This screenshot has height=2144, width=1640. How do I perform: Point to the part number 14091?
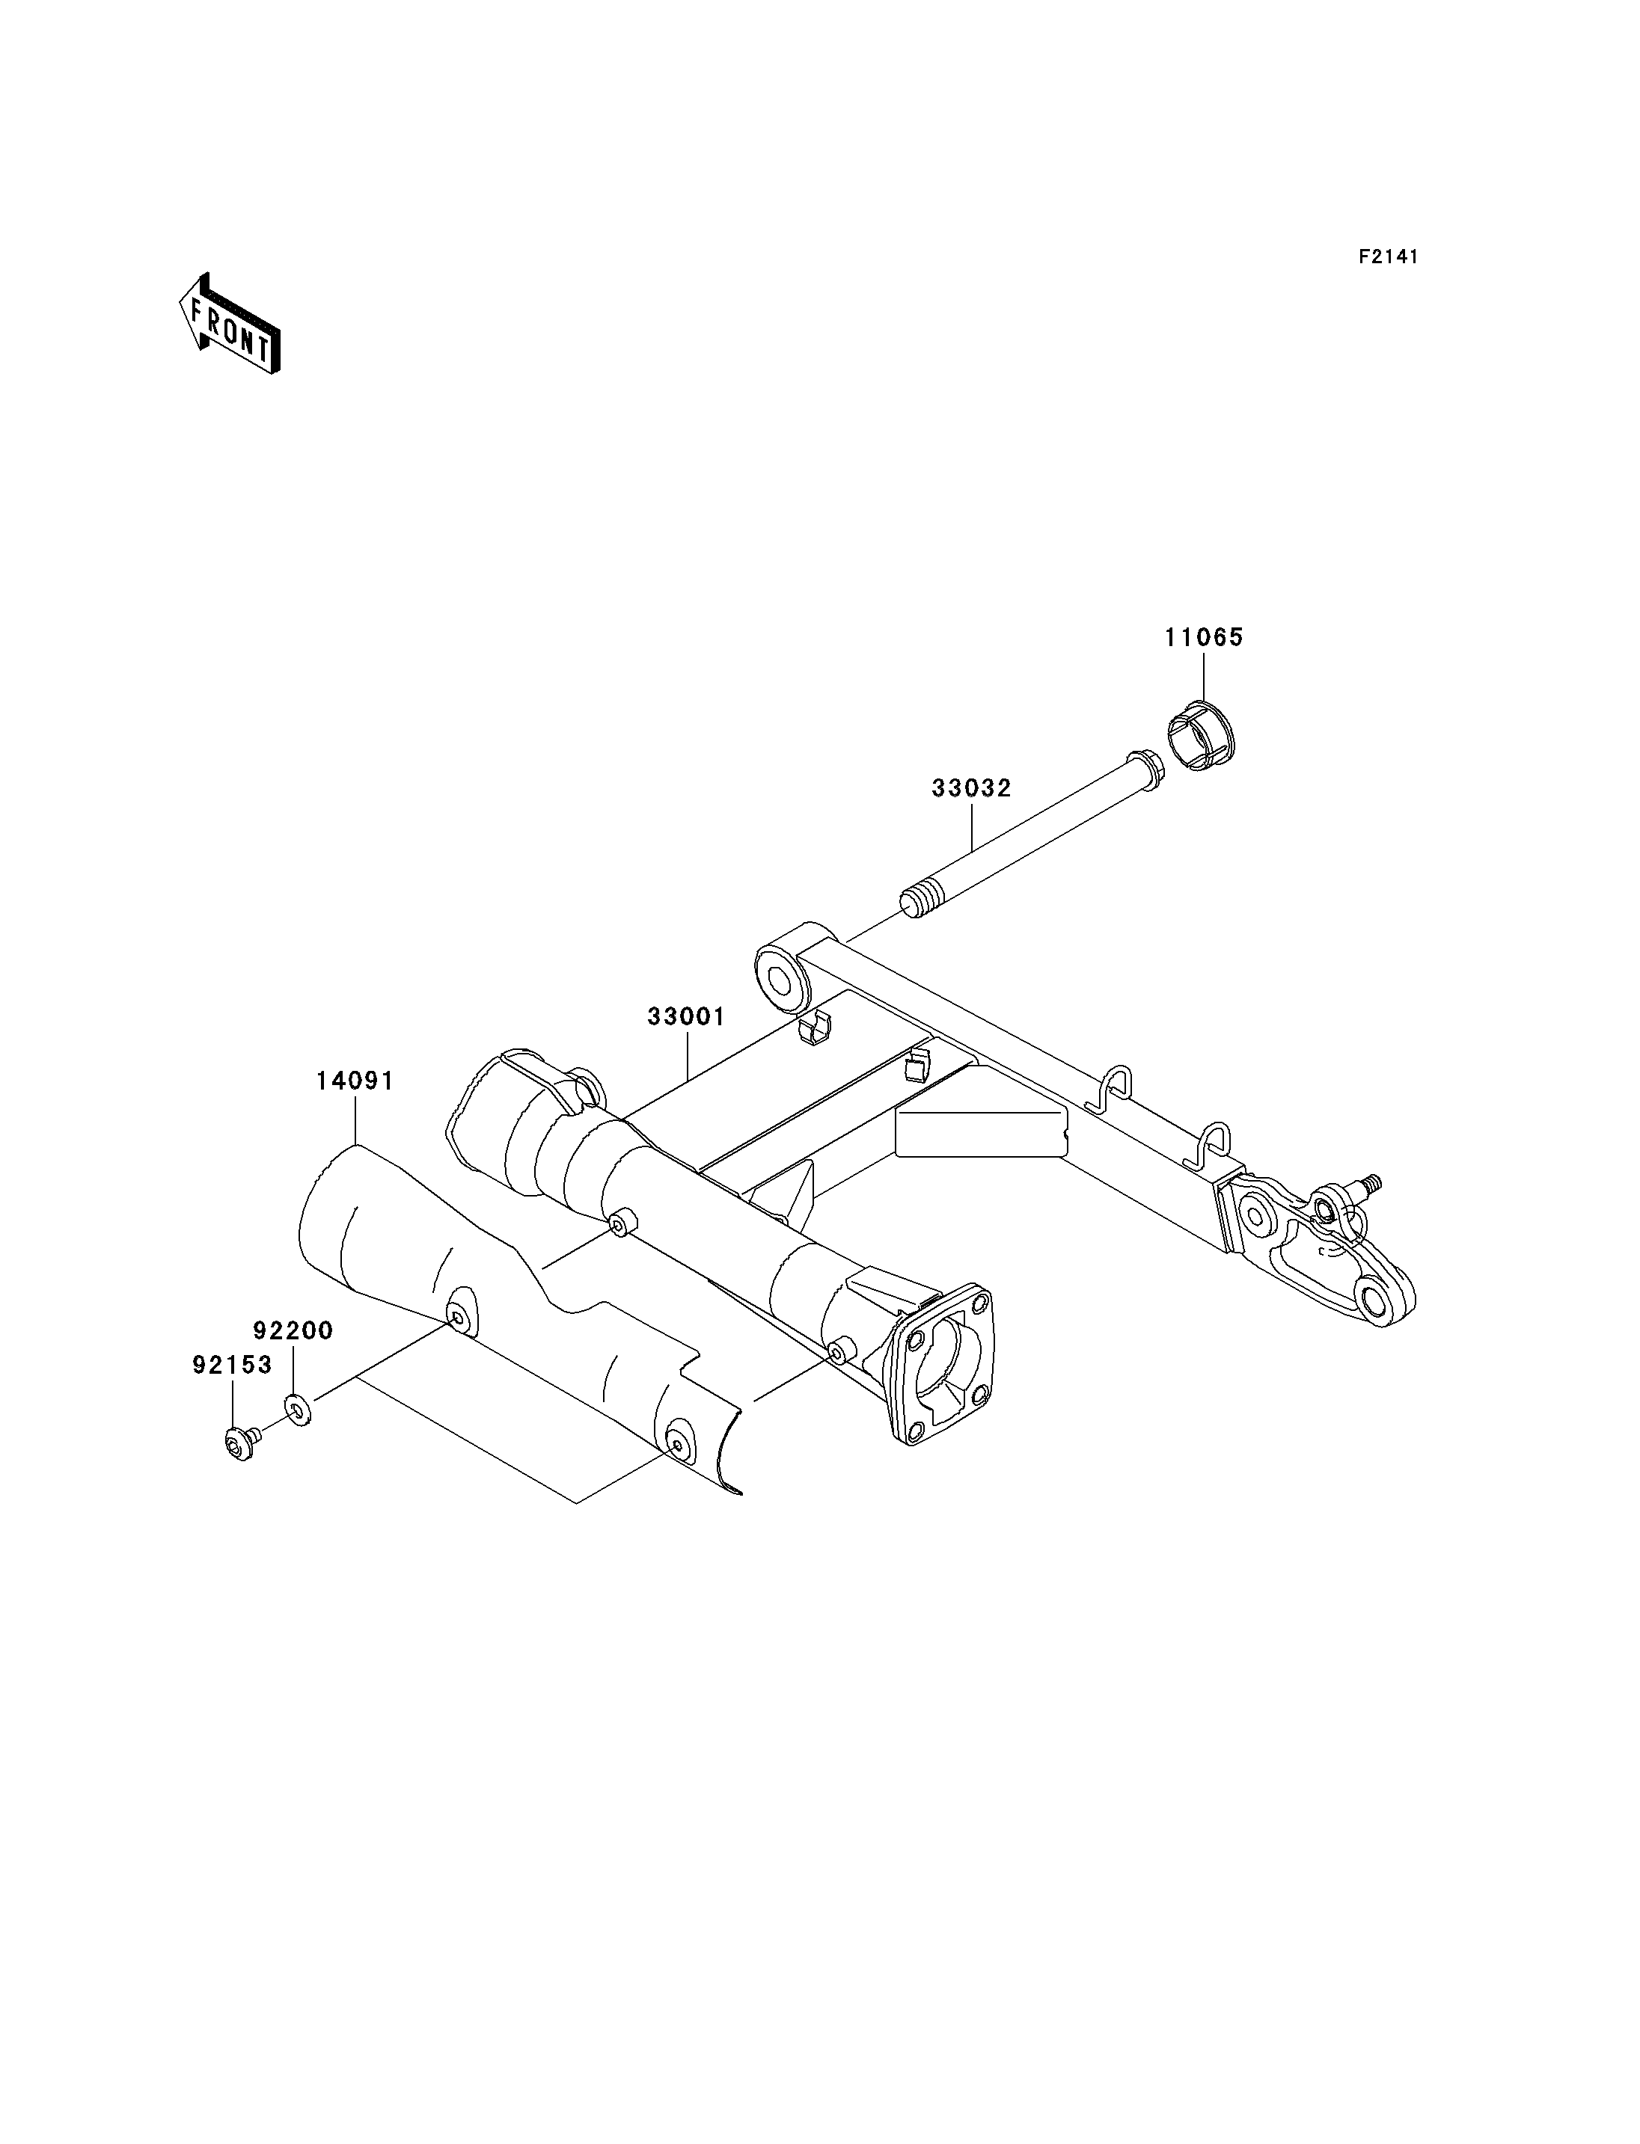[355, 1081]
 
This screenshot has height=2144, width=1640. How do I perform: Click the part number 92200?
[294, 1330]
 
